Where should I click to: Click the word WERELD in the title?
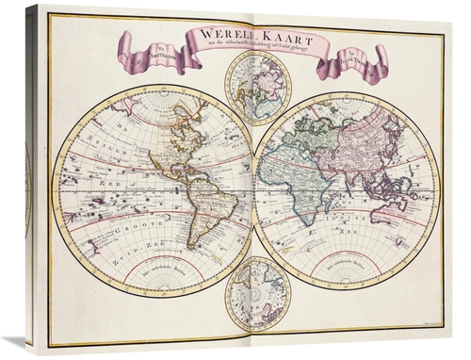click(x=218, y=34)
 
